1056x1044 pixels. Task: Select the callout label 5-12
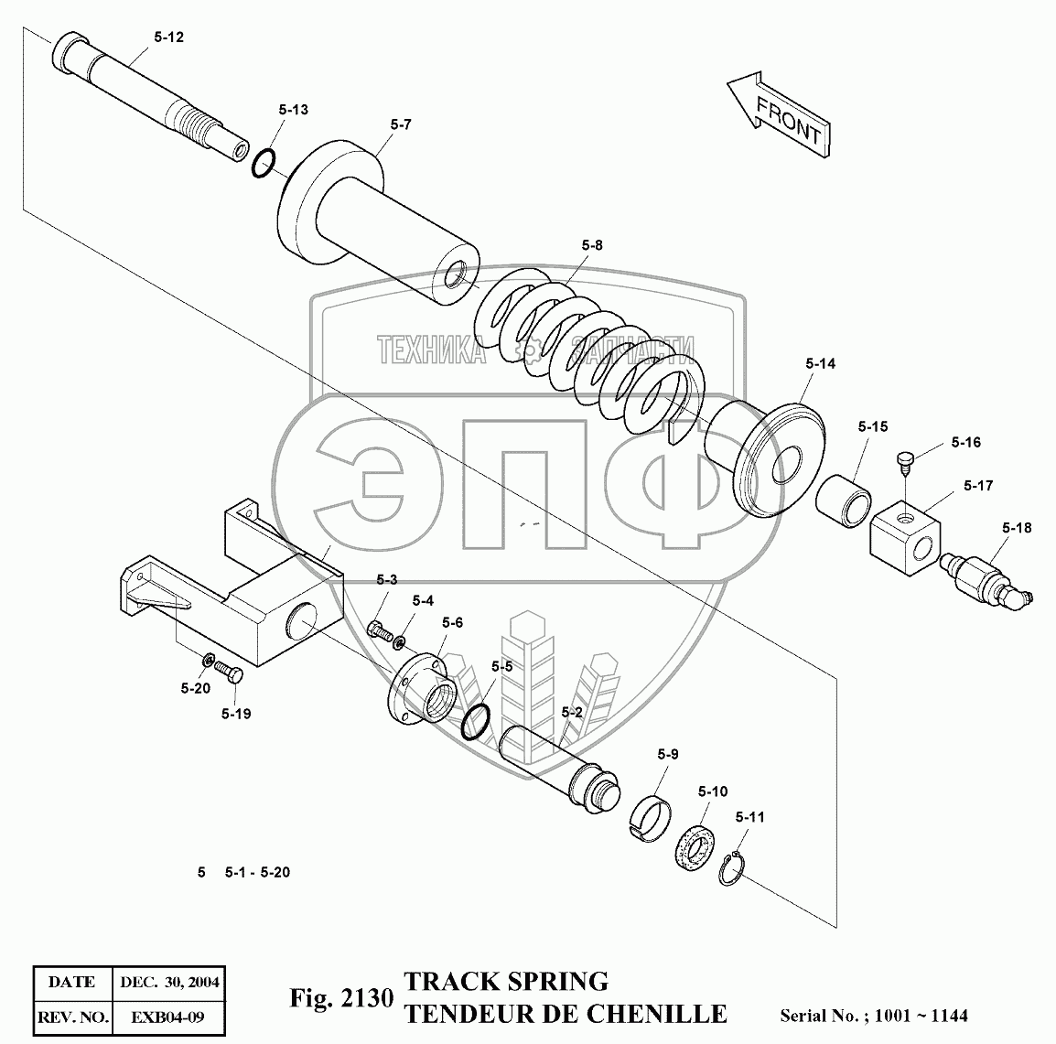coord(168,38)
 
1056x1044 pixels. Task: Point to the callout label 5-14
coord(821,363)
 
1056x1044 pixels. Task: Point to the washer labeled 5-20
coord(209,660)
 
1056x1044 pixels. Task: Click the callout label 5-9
coord(667,755)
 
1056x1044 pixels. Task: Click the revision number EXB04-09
coord(166,1016)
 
